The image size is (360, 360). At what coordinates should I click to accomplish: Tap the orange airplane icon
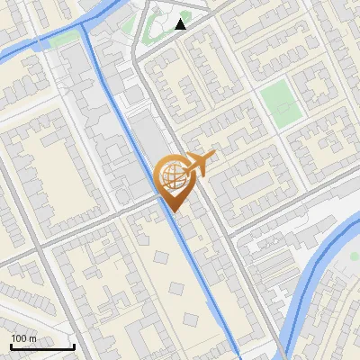200,164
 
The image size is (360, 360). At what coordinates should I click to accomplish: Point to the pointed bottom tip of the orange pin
173,212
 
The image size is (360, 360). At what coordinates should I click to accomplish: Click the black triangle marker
181,24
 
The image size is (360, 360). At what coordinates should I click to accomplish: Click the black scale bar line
42,346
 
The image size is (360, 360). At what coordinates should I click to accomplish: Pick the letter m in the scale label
32,338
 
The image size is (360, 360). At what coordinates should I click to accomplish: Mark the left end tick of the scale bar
11,345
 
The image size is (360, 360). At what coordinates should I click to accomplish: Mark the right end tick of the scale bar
74,345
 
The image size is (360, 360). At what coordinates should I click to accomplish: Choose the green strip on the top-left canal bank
63,40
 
